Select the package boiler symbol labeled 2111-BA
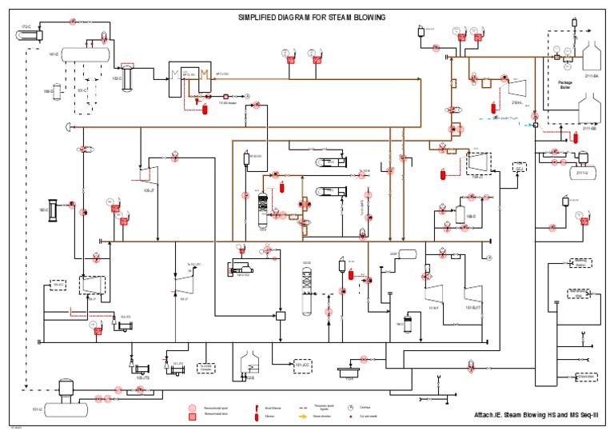coord(592,58)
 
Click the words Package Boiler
coord(565,85)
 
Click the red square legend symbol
coord(192,416)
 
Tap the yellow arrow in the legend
coord(304,416)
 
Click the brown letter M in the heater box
coord(204,75)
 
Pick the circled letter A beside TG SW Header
coord(247,96)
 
